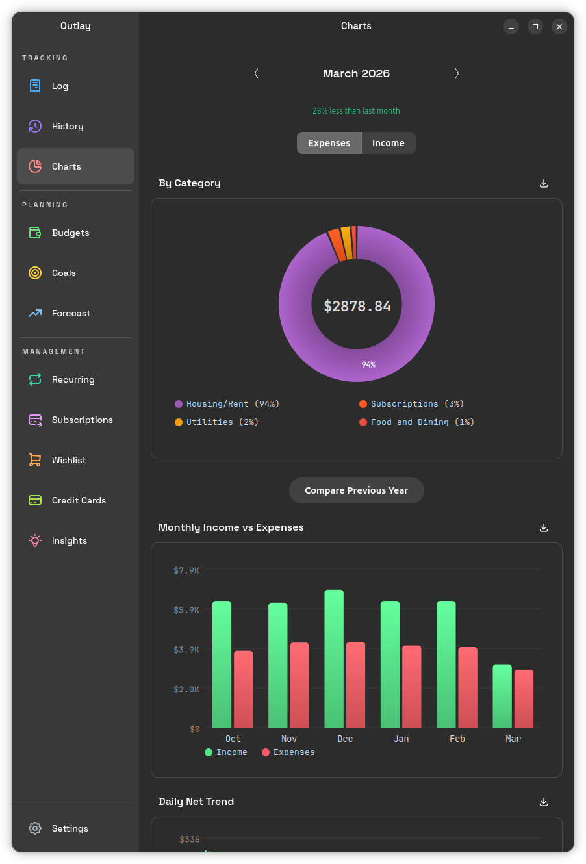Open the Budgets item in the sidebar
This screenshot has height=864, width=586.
point(70,233)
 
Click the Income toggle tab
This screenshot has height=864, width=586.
point(388,143)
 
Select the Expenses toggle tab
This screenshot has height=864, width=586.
point(329,143)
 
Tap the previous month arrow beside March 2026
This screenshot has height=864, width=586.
point(257,73)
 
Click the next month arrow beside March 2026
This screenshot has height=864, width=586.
point(457,73)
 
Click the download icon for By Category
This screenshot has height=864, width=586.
point(544,183)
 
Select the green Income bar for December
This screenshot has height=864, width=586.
point(334,658)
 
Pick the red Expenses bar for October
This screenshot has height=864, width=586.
point(243,689)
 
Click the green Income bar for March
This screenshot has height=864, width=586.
point(502,695)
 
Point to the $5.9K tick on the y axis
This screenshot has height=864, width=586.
point(186,609)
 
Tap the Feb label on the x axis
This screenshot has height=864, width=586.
point(457,739)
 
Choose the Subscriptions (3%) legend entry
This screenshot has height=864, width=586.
point(411,403)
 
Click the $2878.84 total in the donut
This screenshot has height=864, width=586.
point(357,306)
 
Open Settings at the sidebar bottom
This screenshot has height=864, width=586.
point(70,828)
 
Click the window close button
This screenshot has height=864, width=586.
point(559,27)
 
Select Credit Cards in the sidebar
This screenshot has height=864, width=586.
point(79,500)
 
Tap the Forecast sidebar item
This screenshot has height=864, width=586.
point(71,313)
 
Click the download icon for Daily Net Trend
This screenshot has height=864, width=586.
point(544,802)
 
